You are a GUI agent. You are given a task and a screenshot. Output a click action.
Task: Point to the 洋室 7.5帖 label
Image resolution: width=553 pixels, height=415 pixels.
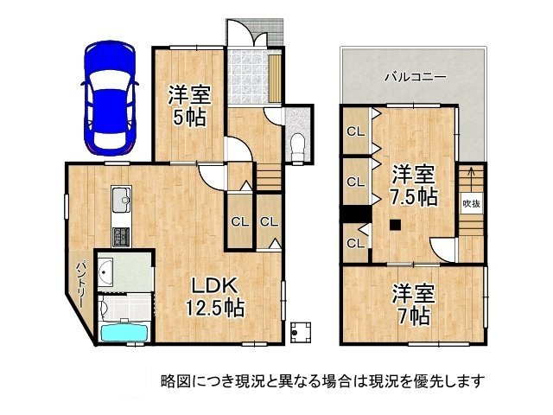[x=411, y=184]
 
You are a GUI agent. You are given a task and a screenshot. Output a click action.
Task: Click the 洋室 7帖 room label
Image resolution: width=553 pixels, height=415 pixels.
[x=411, y=303]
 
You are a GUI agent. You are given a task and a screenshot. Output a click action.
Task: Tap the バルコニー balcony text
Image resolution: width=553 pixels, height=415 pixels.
[x=415, y=77]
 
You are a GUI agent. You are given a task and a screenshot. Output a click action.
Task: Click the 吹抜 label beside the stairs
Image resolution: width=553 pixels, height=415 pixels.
[x=471, y=203]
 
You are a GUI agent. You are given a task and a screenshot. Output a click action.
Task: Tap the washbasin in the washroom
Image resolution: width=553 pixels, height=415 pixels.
[x=105, y=273]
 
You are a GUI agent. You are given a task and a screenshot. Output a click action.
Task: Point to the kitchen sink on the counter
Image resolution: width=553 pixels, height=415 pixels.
[x=120, y=201]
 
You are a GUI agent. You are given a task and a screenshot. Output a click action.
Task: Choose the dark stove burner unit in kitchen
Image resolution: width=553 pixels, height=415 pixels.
[x=120, y=235]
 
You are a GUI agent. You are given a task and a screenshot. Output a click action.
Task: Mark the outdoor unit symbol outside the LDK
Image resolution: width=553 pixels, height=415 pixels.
[x=300, y=329]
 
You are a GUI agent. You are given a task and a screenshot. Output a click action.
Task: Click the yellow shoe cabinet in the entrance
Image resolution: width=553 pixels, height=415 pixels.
[x=274, y=77]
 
